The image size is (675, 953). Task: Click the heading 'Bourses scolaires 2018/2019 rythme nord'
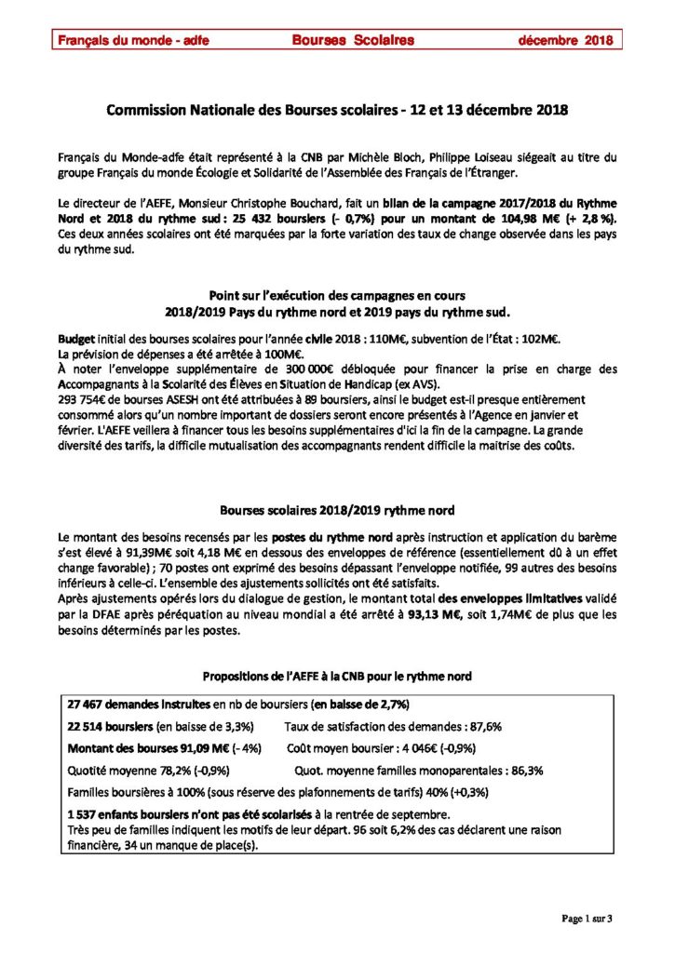coord(336,510)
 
